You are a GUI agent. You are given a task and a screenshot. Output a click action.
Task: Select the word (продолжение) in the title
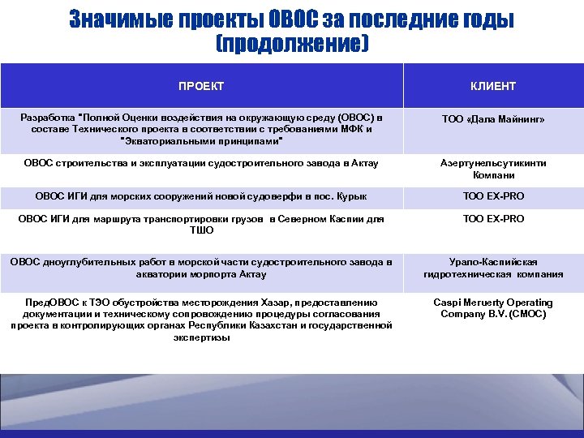[x=292, y=43]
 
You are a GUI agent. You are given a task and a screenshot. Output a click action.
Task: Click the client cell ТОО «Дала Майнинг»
[x=493, y=119]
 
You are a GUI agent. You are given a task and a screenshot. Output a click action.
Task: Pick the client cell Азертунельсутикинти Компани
[x=493, y=169]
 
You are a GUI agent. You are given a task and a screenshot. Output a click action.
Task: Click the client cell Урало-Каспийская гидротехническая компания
[x=493, y=268]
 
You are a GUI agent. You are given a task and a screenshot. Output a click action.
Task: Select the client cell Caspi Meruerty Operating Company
[x=493, y=307]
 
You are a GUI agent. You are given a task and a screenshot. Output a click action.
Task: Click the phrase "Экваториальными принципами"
[x=201, y=140]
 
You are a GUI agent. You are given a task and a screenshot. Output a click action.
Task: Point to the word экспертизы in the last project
[x=201, y=337]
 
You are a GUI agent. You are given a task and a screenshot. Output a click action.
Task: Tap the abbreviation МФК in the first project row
[x=355, y=129]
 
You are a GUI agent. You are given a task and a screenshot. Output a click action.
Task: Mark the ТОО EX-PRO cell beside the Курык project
[x=493, y=196]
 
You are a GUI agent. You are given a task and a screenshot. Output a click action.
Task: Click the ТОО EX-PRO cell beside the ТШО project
[x=493, y=219]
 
